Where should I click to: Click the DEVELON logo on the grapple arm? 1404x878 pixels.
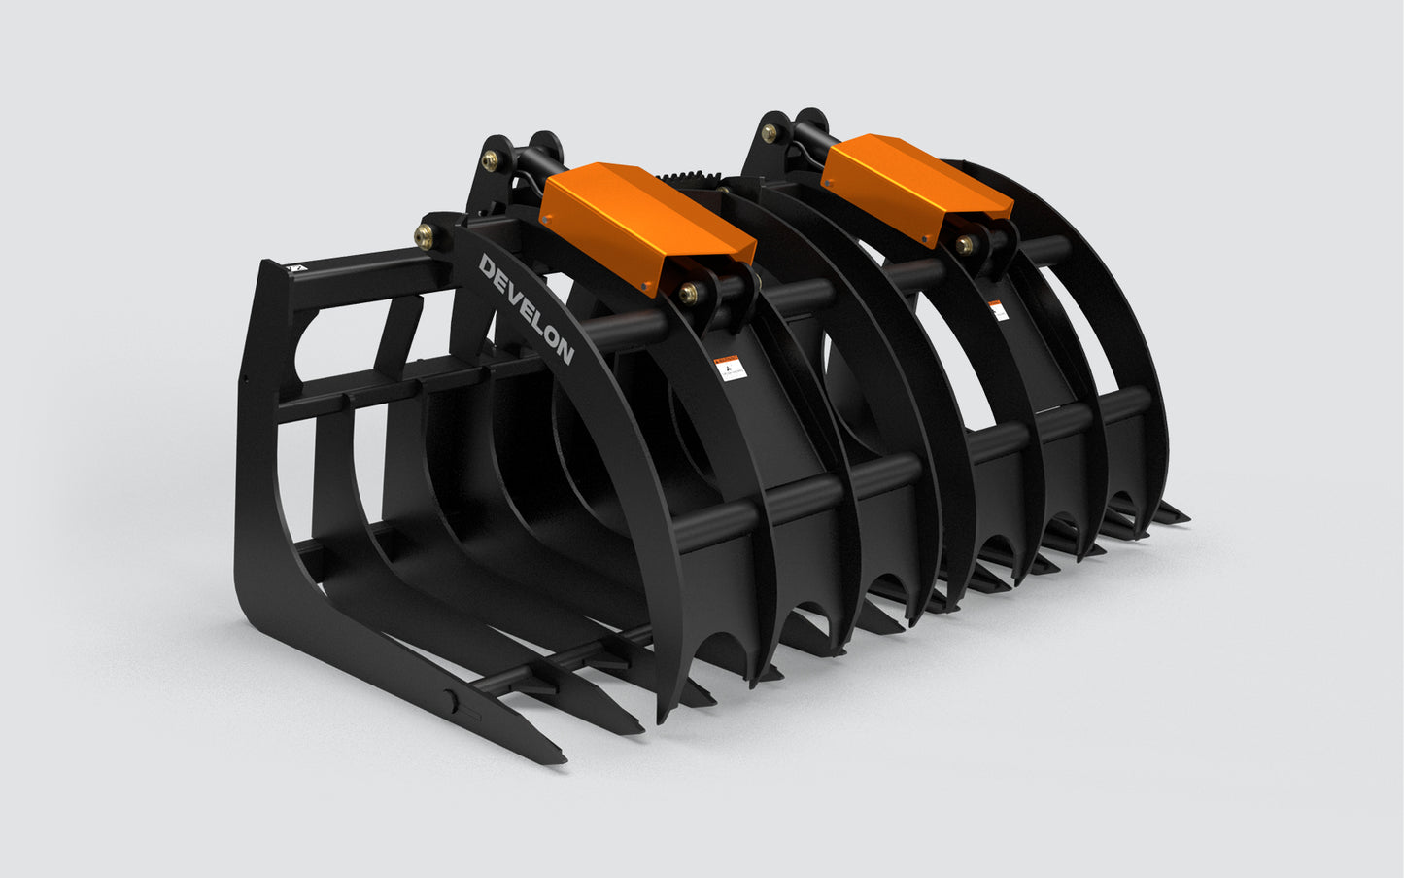click(x=526, y=308)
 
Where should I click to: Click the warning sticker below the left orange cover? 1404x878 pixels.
click(x=730, y=369)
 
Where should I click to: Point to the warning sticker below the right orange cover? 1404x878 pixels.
click(x=998, y=311)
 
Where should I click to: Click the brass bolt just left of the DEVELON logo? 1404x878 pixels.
click(x=425, y=233)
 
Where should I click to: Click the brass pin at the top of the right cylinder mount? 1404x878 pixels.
click(x=770, y=132)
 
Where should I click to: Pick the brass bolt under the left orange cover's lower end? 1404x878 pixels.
click(x=690, y=292)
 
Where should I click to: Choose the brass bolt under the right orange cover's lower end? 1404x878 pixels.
click(x=964, y=244)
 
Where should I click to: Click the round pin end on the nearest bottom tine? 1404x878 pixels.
click(x=451, y=698)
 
